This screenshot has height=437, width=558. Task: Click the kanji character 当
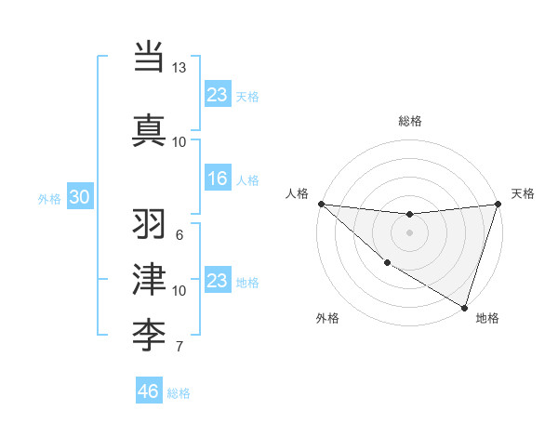coord(149,57)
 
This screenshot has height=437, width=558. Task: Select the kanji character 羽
coord(149,224)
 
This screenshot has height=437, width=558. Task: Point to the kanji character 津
coord(149,279)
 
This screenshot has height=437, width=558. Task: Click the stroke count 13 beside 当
coord(179,68)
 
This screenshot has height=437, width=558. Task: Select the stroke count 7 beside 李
coord(179,347)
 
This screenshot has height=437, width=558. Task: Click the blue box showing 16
coord(217,179)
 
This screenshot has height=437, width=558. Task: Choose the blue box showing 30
coord(79,197)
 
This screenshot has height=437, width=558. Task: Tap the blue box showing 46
coord(149,391)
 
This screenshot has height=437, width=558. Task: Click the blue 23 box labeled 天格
coord(217,95)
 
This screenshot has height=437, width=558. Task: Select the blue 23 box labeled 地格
coord(217,281)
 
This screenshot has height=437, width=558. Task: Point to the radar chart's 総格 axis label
coord(409,121)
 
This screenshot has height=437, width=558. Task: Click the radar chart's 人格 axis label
coord(299,193)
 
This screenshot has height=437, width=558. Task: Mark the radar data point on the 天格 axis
coord(498,204)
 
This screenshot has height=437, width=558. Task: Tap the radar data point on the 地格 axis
coord(463,306)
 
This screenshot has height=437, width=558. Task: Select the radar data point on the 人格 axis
coord(321,204)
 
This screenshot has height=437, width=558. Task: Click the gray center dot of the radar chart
coord(409,232)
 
